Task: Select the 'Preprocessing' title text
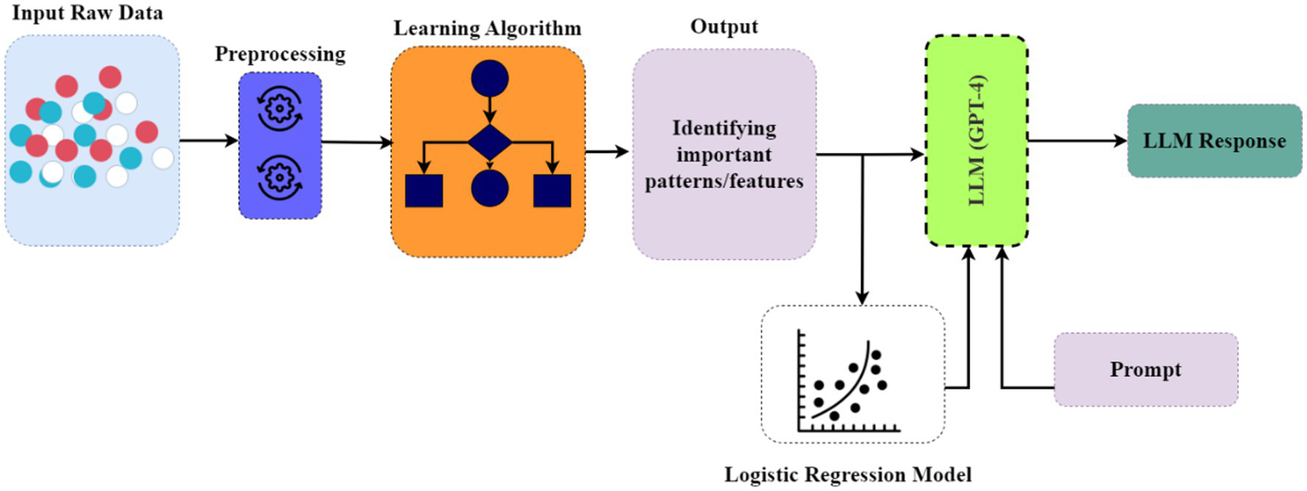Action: [x=280, y=55]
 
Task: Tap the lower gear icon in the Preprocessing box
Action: [x=280, y=176]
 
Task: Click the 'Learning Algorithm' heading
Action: [x=487, y=28]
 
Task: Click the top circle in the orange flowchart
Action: [x=489, y=80]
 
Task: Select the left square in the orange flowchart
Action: [x=424, y=190]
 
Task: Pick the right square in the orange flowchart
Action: [x=552, y=190]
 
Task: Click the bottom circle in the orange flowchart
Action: [x=489, y=187]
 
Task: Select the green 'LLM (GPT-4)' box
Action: [x=976, y=141]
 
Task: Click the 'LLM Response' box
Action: [x=1214, y=141]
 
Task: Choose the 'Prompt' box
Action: [x=1146, y=369]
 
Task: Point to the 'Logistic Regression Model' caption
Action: [x=848, y=472]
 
